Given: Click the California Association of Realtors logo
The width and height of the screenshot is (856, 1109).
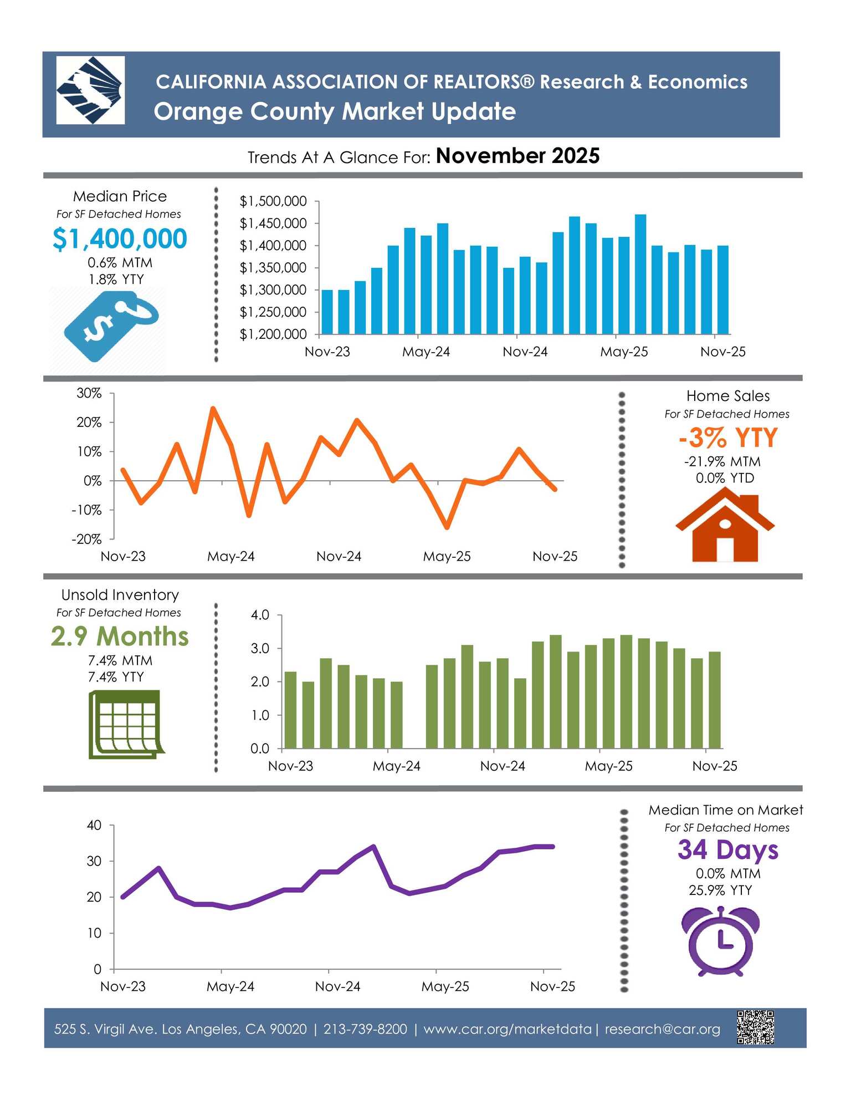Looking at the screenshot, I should click(90, 90).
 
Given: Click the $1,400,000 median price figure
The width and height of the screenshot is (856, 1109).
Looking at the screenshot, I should click(120, 239).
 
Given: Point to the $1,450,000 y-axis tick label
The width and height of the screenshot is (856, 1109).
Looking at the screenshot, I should click(273, 223).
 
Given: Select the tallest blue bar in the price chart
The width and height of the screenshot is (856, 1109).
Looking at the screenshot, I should click(640, 274).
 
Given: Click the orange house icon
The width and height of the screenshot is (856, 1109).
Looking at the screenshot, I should click(725, 527).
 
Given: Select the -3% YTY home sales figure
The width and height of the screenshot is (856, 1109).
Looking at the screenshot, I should click(728, 438).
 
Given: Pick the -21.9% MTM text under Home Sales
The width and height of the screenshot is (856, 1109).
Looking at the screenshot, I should click(722, 462).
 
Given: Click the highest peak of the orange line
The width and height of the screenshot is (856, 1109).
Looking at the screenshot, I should click(213, 409).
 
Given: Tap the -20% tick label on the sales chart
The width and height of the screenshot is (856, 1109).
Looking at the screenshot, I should click(86, 539).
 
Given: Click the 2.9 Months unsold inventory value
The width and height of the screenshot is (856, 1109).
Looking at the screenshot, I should click(120, 637).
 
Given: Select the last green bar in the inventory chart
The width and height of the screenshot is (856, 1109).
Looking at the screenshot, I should click(715, 700).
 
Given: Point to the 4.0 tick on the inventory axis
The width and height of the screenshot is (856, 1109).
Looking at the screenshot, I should click(260, 615).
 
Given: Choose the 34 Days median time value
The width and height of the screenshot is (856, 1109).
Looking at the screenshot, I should click(727, 850).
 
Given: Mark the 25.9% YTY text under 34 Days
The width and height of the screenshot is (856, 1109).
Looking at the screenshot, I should click(720, 890).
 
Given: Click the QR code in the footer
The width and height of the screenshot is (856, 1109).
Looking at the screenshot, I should click(755, 1027).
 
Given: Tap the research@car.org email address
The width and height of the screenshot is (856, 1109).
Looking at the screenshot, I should click(662, 1029).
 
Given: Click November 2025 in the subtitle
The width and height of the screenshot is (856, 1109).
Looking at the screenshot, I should click(517, 156).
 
